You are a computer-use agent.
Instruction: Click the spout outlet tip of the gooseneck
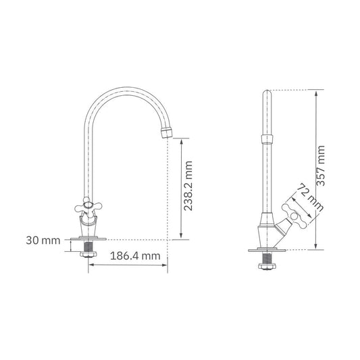166,132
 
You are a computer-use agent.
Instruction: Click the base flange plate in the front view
88,238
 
